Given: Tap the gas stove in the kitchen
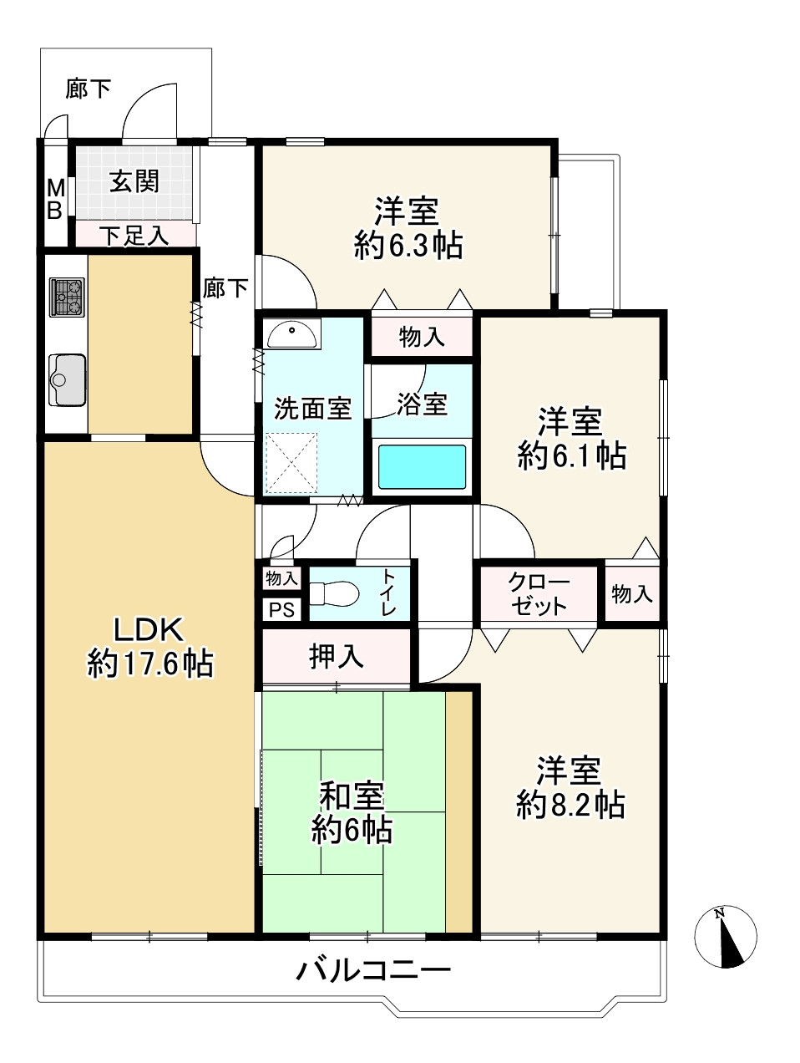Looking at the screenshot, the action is (67, 297).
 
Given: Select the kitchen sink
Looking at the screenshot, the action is (67, 380).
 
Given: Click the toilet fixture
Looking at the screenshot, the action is (333, 593).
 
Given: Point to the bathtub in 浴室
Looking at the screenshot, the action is (422, 466).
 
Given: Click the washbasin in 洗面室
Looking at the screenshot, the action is (293, 333).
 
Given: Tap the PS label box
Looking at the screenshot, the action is (281, 610).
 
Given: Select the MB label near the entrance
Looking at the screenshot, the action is (55, 199).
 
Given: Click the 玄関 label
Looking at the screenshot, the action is (134, 181).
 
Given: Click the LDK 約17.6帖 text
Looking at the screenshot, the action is (149, 647).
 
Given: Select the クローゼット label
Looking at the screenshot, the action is (538, 594).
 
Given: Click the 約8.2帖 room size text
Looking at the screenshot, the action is (570, 805).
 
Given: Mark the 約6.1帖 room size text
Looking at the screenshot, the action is (572, 455).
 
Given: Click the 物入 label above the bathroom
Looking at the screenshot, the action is (422, 337).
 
